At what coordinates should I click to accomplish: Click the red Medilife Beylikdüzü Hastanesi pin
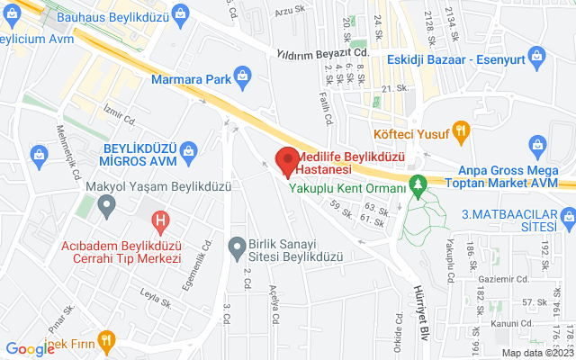[x=287, y=160]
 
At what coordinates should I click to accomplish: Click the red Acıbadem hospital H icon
[x=160, y=219]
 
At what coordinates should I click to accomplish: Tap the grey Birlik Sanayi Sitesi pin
[x=237, y=245]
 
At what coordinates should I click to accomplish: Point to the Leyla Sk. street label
[x=155, y=292]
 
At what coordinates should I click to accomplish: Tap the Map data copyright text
[x=537, y=353]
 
